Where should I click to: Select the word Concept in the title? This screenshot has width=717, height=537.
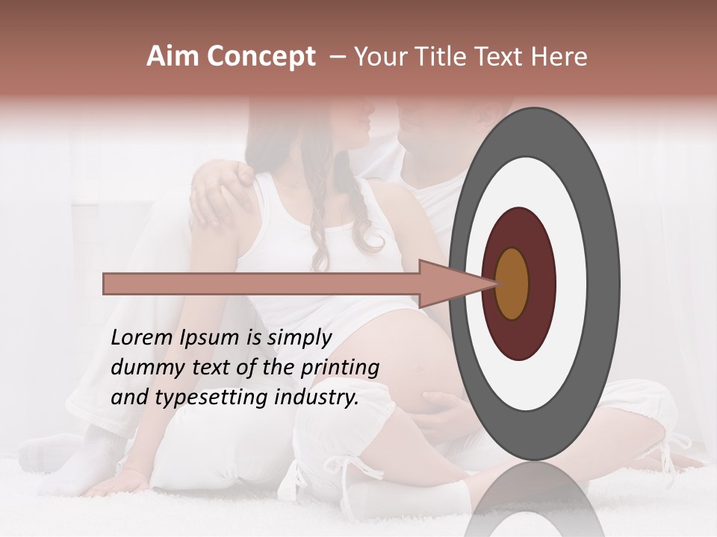(x=261, y=57)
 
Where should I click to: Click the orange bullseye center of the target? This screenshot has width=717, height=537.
(x=512, y=283)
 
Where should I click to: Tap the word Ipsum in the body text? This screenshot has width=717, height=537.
(x=209, y=338)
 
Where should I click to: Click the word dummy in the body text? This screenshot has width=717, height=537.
(x=143, y=368)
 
